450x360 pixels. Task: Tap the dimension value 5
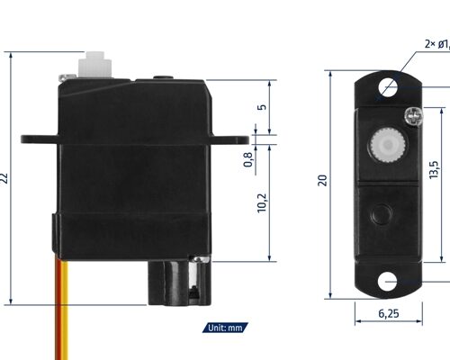(261, 106)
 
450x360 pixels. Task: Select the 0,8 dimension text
(248, 159)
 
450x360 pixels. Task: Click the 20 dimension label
(322, 180)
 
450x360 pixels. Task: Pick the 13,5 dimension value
(433, 168)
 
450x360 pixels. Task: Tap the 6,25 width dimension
(388, 314)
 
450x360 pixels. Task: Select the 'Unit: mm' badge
(224, 328)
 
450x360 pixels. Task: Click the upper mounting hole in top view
(388, 88)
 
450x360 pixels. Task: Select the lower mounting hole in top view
(388, 281)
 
